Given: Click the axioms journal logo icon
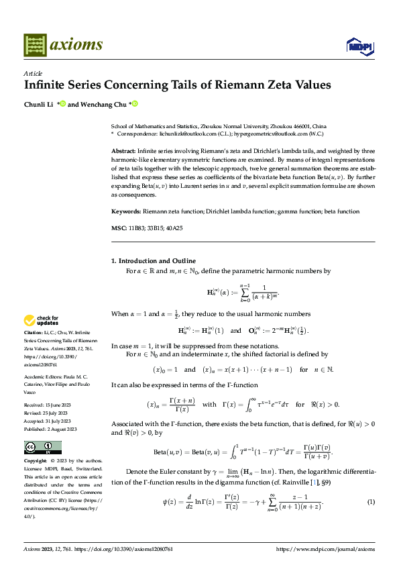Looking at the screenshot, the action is [36, 44].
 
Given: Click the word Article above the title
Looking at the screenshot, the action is [33, 73].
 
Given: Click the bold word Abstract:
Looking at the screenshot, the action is [124, 152].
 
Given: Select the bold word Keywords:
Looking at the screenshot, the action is [126, 211].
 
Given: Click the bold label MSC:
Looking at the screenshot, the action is [118, 229].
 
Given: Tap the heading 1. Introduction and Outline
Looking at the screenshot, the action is [153, 260].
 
